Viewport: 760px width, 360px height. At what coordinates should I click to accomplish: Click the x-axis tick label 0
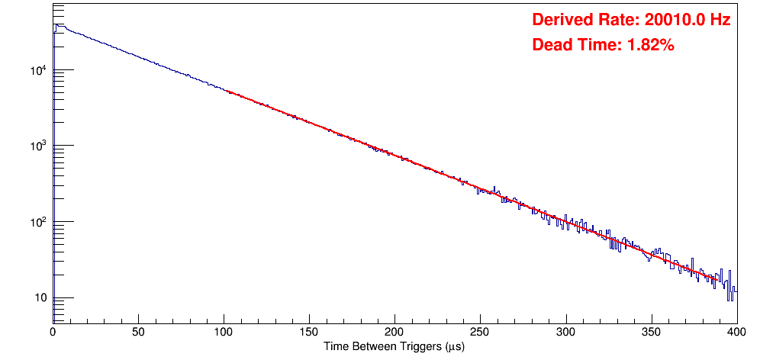tap(53, 333)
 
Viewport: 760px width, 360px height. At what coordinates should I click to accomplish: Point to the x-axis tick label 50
tap(138, 333)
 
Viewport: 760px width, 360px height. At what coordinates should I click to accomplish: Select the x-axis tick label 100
tap(224, 333)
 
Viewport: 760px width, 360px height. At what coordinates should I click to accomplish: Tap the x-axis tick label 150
tap(309, 333)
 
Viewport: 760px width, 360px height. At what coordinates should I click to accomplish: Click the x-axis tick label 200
tap(394, 333)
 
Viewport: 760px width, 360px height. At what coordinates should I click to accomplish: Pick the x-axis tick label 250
tap(480, 333)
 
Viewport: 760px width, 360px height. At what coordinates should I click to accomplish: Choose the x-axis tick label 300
tap(565, 333)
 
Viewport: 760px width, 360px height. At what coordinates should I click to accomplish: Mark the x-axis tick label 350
tap(651, 333)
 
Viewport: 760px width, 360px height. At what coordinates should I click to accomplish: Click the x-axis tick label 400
tap(736, 333)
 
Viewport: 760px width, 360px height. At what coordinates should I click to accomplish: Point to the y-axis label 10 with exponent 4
tap(37, 71)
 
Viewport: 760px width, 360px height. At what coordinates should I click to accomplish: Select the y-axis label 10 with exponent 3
tap(37, 146)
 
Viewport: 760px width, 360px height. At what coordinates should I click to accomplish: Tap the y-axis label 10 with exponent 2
tap(37, 223)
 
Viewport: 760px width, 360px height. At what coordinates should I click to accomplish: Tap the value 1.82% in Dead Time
tap(650, 45)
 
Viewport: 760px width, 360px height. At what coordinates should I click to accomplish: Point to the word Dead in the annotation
tap(552, 45)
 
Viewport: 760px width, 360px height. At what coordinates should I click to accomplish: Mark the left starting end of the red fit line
tap(227, 91)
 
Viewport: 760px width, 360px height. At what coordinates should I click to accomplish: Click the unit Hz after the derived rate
tap(720, 21)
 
